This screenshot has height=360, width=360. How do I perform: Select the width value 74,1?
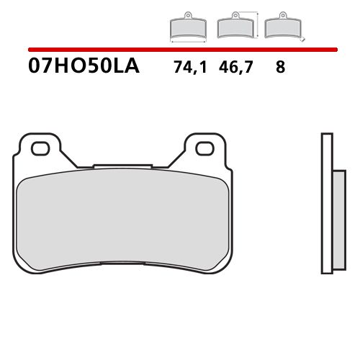(188, 68)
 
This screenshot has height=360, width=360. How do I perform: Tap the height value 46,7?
(235, 68)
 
